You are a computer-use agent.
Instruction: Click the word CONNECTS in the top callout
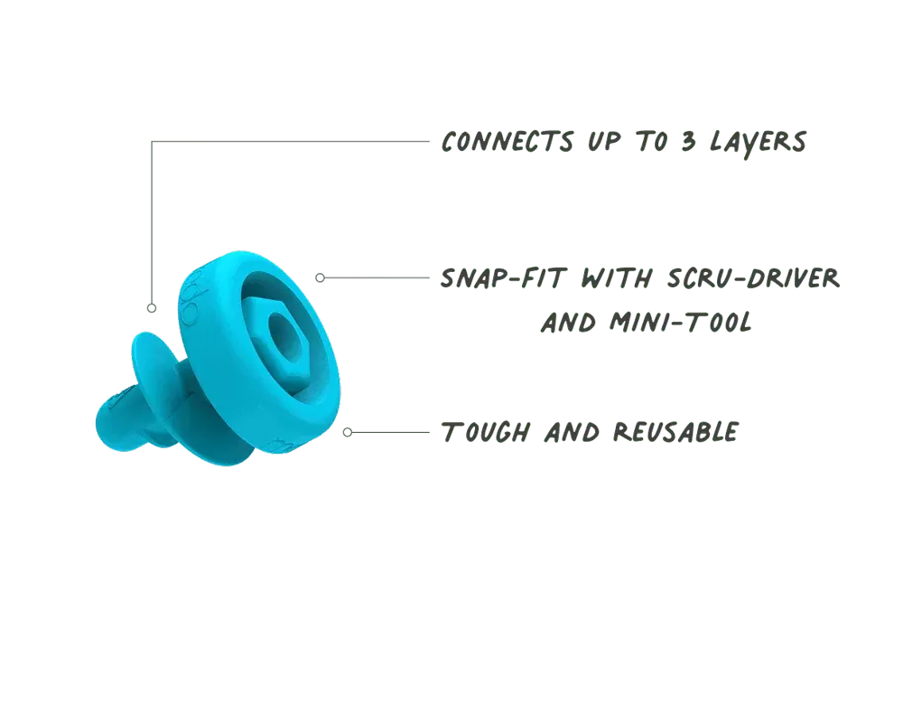[507, 142]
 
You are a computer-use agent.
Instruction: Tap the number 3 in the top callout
[688, 141]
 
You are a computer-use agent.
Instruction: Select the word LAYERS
[758, 143]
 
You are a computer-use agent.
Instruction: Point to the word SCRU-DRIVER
[753, 277]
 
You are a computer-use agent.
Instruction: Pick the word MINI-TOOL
[681, 322]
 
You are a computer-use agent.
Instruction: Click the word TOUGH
[486, 432]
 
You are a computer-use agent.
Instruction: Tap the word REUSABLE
[675, 432]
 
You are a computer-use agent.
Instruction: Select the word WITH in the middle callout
[617, 278]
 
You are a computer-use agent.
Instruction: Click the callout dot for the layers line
[152, 308]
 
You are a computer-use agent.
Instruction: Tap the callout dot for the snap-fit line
[321, 277]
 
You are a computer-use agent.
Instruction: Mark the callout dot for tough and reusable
[348, 432]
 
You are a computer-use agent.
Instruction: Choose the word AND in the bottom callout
[572, 433]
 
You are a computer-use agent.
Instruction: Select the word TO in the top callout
[651, 142]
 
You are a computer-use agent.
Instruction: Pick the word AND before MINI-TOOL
[568, 323]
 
